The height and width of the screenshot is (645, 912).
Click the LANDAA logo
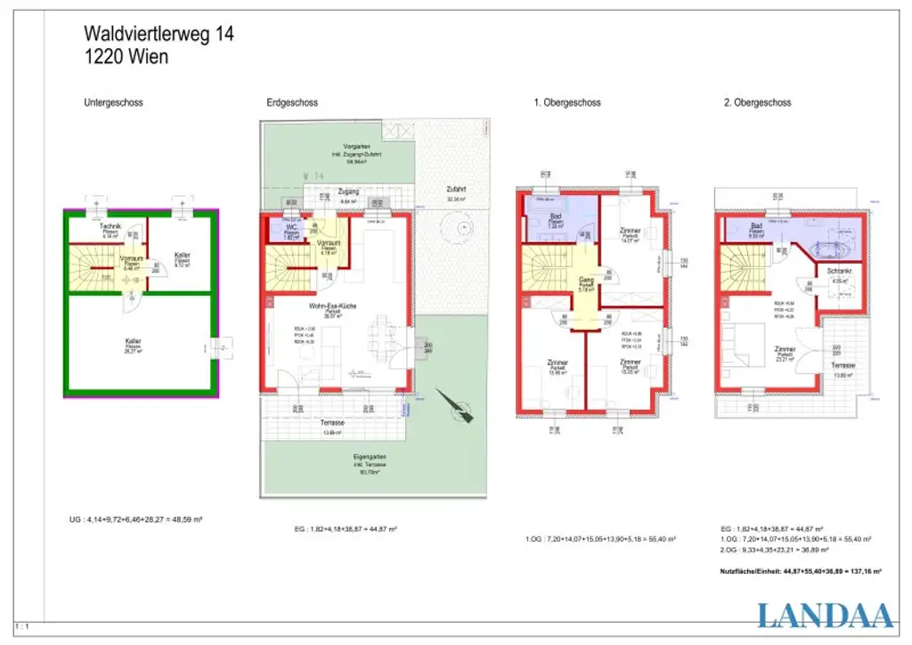[825, 616]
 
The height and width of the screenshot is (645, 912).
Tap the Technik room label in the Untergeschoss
[110, 228]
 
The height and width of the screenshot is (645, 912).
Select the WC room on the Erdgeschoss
[291, 228]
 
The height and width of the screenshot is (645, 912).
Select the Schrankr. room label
[840, 271]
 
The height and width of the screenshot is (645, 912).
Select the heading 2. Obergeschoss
[757, 103]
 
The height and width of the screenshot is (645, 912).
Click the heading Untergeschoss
[113, 103]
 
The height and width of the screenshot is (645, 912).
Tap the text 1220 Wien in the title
[126, 56]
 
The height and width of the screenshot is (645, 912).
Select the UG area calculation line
[135, 518]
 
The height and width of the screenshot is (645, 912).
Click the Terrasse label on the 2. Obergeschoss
[843, 365]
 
